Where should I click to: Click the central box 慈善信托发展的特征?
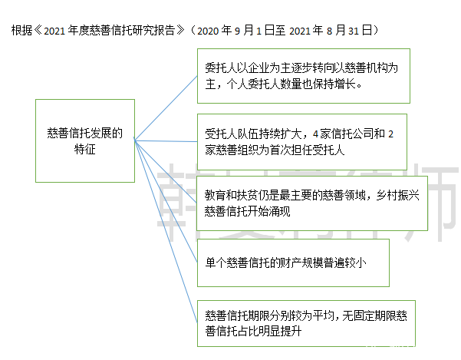pos(84,139)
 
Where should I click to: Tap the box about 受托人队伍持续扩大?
pos(301,142)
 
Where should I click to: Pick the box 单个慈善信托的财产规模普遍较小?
pos(292,261)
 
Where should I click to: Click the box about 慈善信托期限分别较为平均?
pos(307,322)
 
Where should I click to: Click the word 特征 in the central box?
pos(85,149)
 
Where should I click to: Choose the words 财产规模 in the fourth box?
pos(311,262)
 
